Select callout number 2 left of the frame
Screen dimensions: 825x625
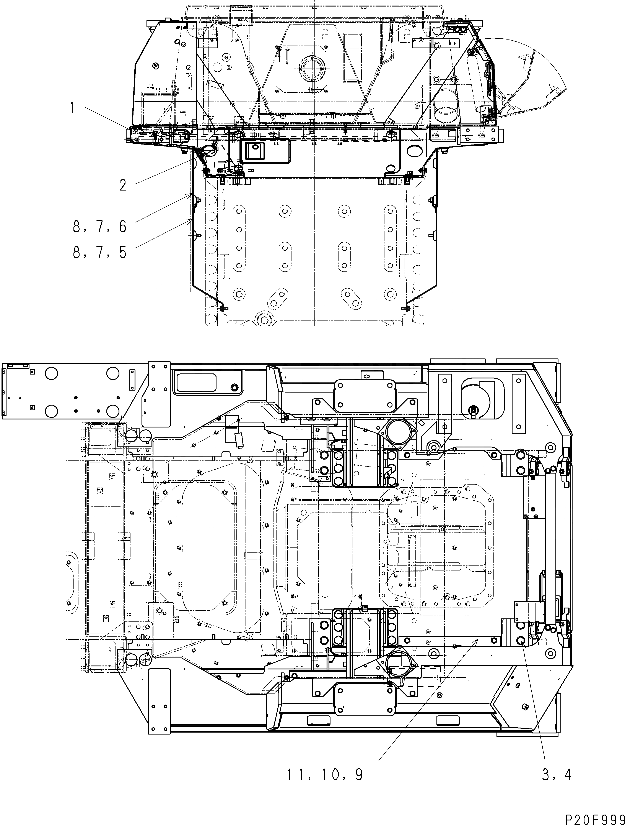[x=123, y=185]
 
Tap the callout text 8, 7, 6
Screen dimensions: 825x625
[x=100, y=227]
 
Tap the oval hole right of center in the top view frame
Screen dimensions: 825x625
[x=413, y=151]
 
